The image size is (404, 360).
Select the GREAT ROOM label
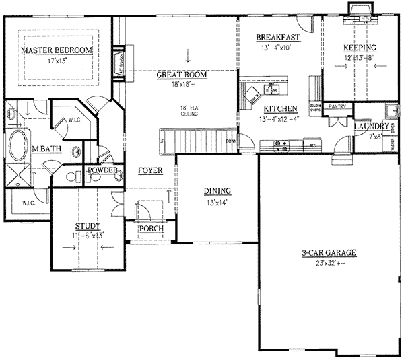point(181,75)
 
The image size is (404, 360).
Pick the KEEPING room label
point(360,48)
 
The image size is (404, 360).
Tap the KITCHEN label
point(279,109)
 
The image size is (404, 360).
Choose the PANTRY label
point(336,106)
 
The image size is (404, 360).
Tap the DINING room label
point(217,191)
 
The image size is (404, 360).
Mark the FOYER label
point(151,170)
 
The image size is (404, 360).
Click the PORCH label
point(151,229)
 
